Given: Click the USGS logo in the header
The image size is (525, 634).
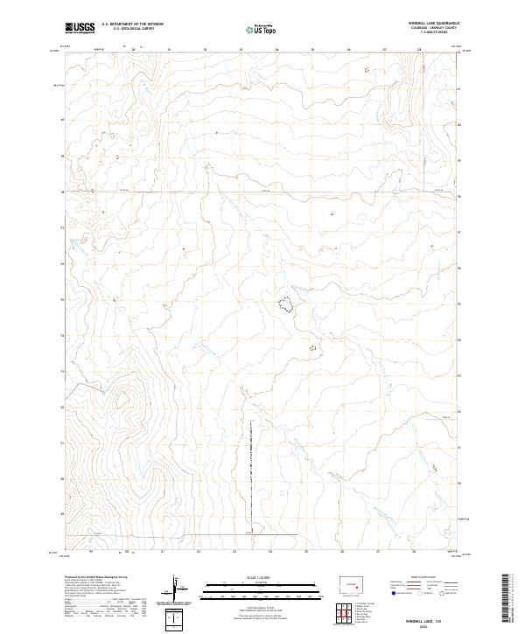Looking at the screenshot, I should [79, 28].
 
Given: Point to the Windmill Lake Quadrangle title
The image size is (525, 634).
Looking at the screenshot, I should [435, 23].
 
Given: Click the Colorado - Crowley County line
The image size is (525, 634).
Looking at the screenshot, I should [435, 27].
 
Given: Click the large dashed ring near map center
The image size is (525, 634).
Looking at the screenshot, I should [285, 304].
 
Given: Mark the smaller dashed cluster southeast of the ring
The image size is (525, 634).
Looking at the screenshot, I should [311, 347].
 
